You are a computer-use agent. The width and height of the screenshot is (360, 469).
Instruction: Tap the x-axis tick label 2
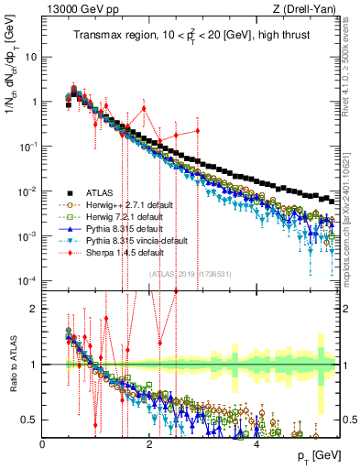coord(150,444)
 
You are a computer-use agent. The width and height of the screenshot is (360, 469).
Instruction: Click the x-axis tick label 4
coord(256,444)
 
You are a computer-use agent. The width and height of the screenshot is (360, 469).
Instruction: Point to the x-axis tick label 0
coord(43,444)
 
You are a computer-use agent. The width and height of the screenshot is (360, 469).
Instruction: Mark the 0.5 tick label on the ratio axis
coord(28,420)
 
